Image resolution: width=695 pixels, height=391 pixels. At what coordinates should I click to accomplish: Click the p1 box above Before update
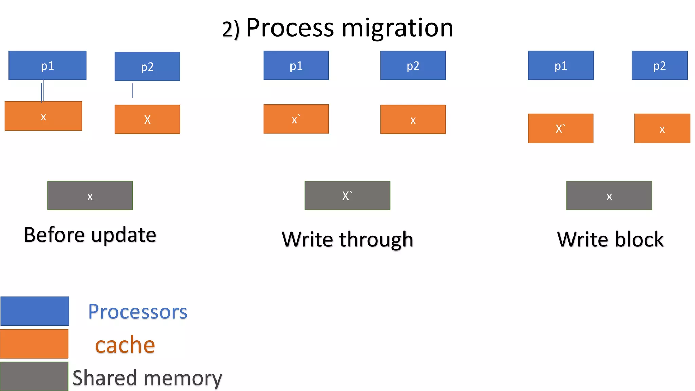(x=47, y=66)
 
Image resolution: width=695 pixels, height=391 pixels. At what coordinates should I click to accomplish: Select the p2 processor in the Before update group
(x=147, y=67)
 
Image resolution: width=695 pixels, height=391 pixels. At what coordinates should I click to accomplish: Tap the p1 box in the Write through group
(x=296, y=66)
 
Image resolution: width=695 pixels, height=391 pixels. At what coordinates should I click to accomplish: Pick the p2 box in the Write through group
(x=413, y=66)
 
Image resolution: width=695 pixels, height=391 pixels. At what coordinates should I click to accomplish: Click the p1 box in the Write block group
(x=561, y=66)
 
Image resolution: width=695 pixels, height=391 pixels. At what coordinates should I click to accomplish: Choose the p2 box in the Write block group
(x=659, y=66)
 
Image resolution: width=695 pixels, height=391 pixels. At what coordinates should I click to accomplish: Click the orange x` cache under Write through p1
(x=296, y=119)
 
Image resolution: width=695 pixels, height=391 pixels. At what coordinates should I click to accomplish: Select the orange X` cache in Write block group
(x=560, y=128)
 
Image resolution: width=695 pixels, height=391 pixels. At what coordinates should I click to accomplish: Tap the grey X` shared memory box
(x=347, y=195)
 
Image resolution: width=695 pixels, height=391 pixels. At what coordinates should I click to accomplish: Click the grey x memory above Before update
(x=90, y=195)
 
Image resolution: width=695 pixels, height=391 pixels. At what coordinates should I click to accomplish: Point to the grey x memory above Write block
(x=609, y=195)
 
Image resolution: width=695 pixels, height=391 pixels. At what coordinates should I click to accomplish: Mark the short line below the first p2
(x=132, y=90)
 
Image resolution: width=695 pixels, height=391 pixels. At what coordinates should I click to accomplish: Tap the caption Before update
(x=90, y=235)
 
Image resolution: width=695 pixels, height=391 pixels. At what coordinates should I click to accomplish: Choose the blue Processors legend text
(x=137, y=312)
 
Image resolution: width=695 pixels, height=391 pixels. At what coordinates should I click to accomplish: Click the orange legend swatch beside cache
(x=34, y=344)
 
